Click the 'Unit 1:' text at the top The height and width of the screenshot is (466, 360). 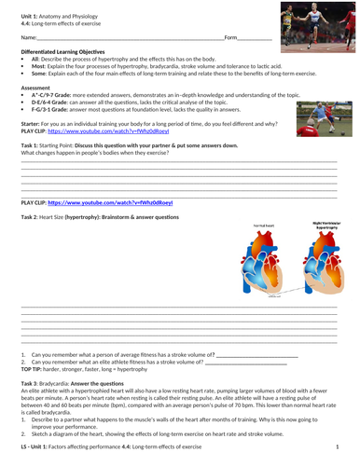(29, 8)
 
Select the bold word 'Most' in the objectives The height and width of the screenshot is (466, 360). (38, 66)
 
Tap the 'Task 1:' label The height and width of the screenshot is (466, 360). (29, 146)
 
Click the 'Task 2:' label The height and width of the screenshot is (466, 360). (30, 216)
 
